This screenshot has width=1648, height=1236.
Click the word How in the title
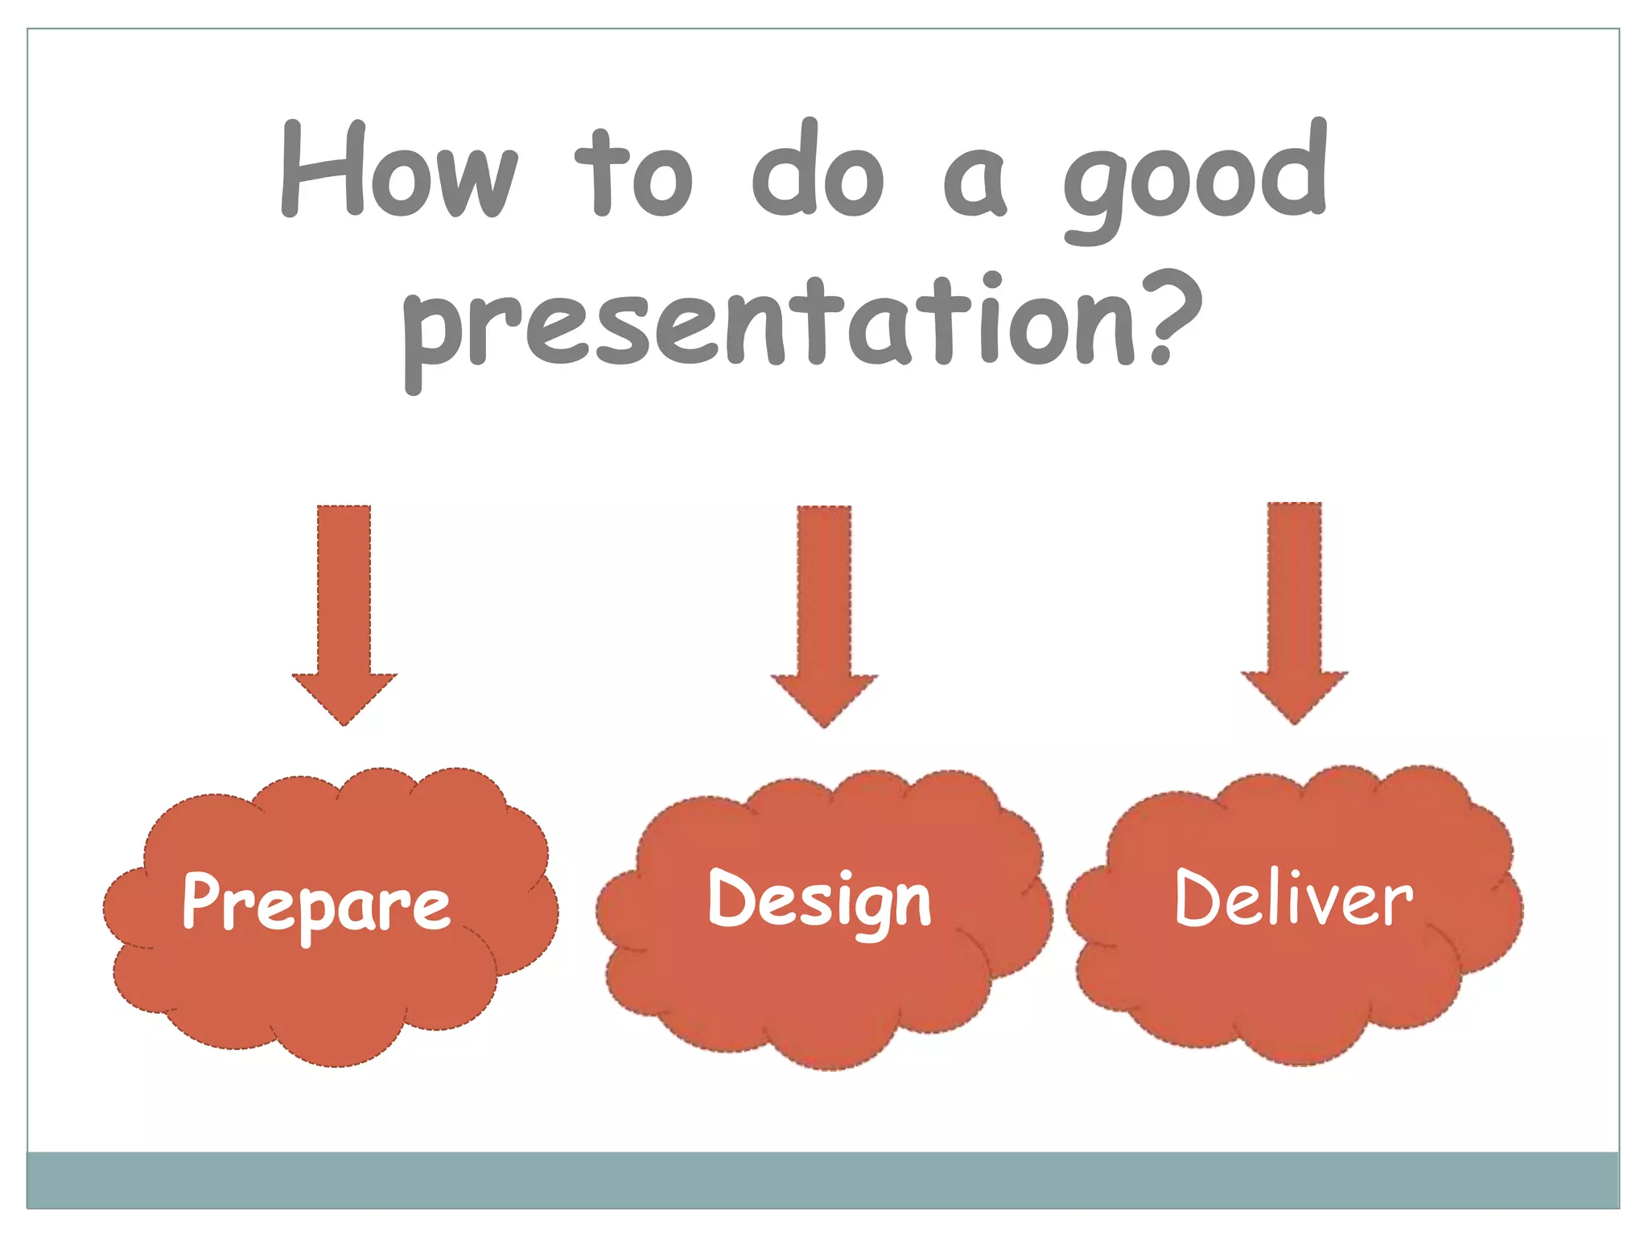398,171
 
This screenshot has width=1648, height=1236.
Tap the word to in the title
634,173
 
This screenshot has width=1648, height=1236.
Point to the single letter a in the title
974,183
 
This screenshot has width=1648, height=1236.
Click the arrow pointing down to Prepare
344,612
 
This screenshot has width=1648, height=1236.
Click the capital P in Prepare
200,900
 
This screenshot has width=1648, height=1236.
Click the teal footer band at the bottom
822,1180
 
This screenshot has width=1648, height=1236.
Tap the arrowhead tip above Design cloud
824,723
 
